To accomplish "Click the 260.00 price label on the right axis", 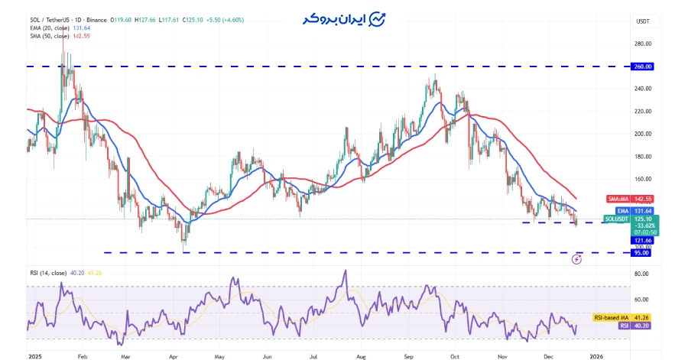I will pyautogui.click(x=642, y=66).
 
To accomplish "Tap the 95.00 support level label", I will pyautogui.click(x=641, y=253).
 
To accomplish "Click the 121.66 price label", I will pyautogui.click(x=641, y=240).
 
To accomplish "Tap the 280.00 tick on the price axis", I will pyautogui.click(x=642, y=44).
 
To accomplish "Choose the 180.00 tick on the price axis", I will pyautogui.click(x=642, y=157).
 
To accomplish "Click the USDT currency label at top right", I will pyautogui.click(x=643, y=21).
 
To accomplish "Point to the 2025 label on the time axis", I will pyautogui.click(x=35, y=355).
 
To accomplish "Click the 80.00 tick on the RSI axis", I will pyautogui.click(x=642, y=274).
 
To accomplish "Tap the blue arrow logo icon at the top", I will pyautogui.click(x=377, y=19).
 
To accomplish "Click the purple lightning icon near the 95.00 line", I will pyautogui.click(x=577, y=260).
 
